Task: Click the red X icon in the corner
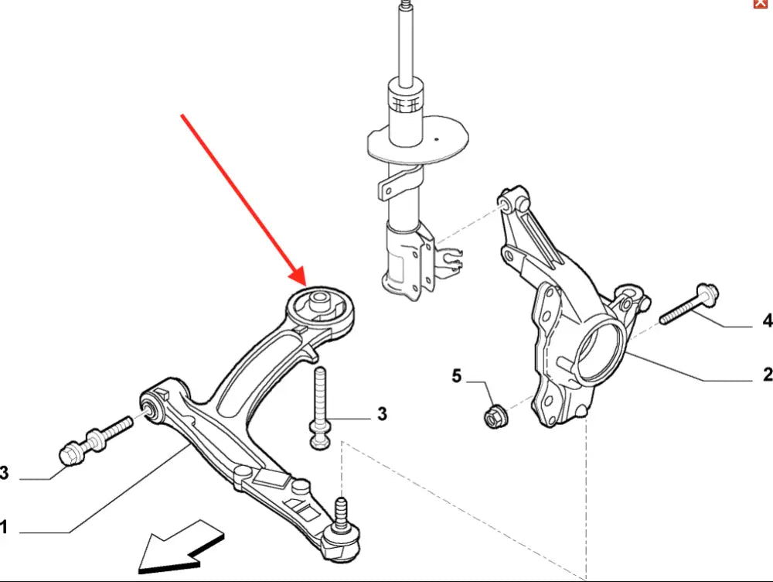[761, 5]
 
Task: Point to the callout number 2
[767, 375]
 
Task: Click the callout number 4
[767, 320]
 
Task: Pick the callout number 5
[456, 377]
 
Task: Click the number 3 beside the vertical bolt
[381, 416]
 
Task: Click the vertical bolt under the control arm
[320, 407]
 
